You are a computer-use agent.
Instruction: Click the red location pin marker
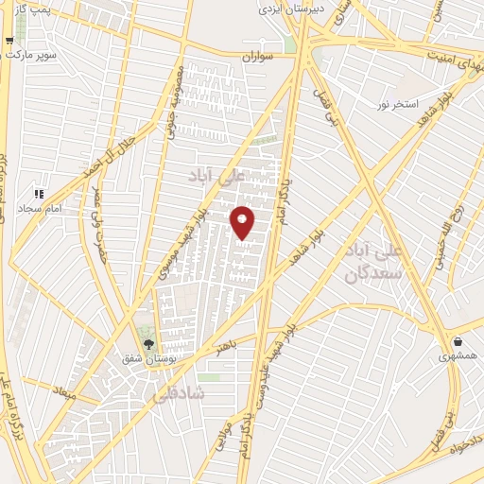(243, 220)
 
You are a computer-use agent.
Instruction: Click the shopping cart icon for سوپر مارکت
(9, 41)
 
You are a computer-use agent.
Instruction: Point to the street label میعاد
(64, 389)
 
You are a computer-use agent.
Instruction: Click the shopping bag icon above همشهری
(458, 341)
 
